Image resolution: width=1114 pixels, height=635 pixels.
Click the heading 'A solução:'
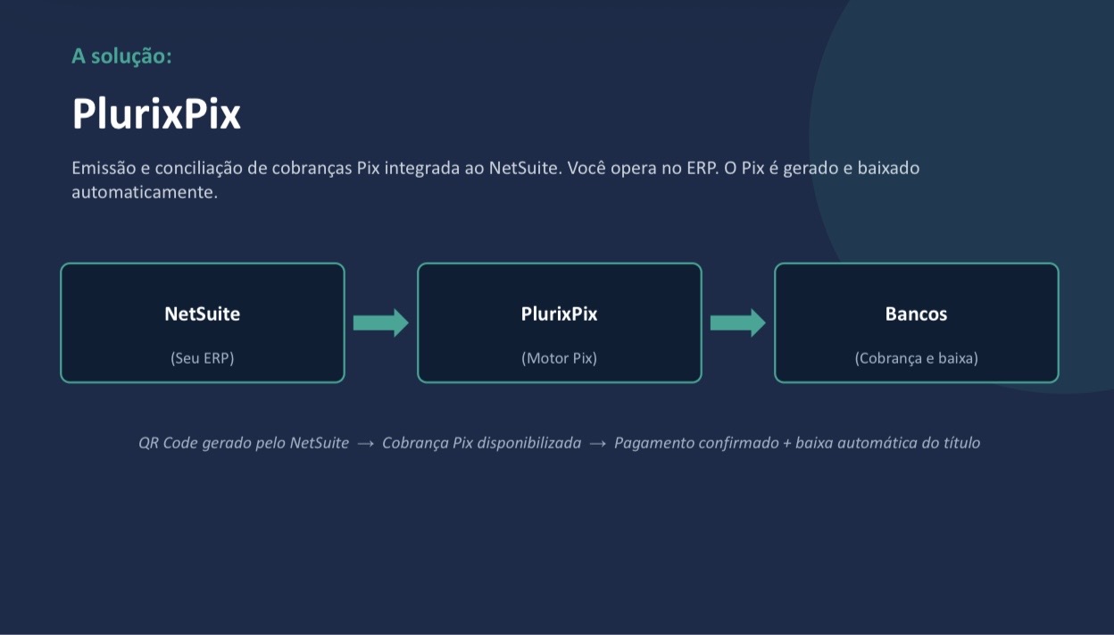pos(121,56)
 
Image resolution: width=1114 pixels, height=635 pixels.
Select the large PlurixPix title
pos(156,114)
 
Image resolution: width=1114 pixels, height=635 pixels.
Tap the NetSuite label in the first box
pos(203,314)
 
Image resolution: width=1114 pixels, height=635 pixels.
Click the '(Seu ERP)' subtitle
pos(203,358)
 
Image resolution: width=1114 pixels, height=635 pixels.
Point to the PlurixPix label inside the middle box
pos(559,314)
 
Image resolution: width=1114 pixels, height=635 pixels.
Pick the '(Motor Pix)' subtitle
pos(559,358)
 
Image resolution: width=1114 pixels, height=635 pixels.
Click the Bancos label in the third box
pos(916,314)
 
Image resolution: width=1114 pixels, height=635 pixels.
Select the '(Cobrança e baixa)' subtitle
pos(916,358)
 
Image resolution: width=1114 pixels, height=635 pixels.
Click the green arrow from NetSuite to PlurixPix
pos(381,323)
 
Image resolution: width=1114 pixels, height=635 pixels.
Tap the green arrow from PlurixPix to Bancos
pos(737,323)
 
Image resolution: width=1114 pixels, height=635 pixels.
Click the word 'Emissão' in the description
pos(104,168)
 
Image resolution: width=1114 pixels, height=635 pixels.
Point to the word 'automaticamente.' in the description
pos(145,192)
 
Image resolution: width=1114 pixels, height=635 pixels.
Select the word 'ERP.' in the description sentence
pos(702,168)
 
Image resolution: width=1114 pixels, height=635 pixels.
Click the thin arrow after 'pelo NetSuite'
pos(366,443)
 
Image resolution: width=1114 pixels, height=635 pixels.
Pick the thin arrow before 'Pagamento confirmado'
pos(597,443)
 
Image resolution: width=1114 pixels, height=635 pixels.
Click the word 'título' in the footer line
pos(962,442)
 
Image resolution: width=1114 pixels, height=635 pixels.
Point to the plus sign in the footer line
pos(786,443)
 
